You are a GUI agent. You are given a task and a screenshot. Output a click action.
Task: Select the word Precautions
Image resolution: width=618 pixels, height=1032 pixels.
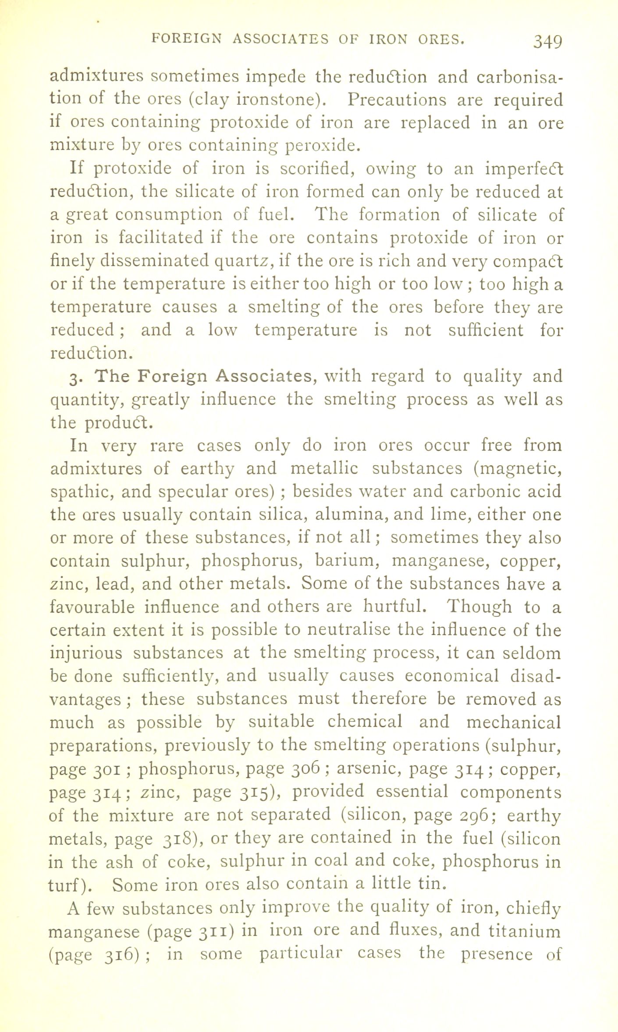pos(397,100)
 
